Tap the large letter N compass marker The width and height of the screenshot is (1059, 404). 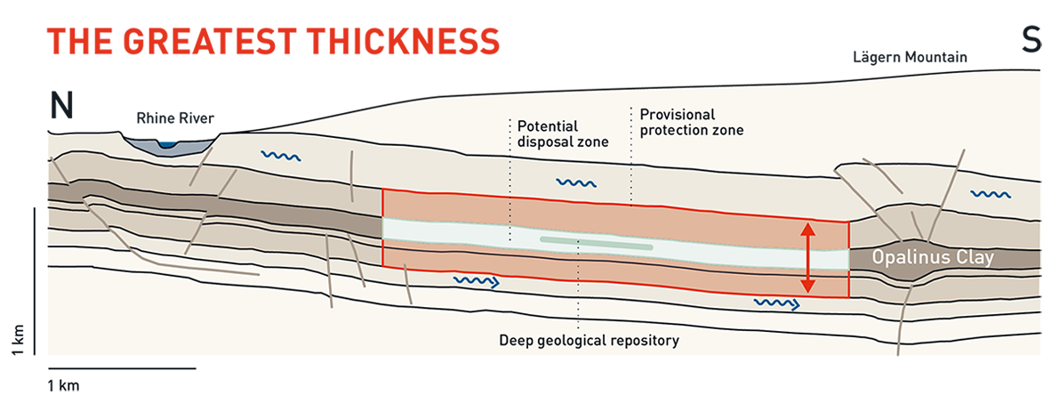(x=61, y=105)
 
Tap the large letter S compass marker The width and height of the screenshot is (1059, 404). (x=1031, y=40)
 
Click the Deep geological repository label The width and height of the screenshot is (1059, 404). (x=590, y=341)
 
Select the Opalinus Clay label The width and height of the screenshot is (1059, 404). (x=932, y=258)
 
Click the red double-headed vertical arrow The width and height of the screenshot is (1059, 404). (x=807, y=258)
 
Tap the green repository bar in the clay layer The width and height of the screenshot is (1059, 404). (x=597, y=243)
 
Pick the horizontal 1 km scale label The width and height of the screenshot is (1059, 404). (x=63, y=386)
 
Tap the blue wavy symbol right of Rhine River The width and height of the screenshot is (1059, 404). (x=280, y=157)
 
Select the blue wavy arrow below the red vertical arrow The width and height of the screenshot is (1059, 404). (x=776, y=304)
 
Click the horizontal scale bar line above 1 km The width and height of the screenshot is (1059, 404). (x=122, y=368)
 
